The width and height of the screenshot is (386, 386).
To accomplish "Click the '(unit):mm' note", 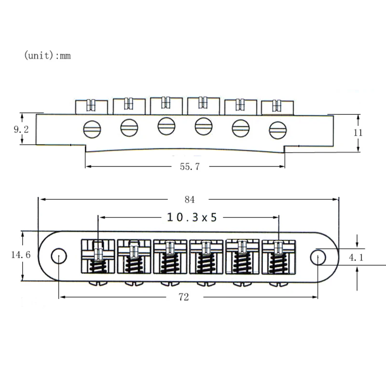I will click(47, 55).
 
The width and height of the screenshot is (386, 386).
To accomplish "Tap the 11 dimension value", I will click(358, 133).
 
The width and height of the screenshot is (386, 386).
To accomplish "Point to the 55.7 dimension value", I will click(186, 167).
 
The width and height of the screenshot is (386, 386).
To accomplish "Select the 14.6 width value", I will click(21, 255).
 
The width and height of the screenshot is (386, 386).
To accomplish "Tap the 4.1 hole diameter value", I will click(356, 258).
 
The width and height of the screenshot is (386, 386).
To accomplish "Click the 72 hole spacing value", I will click(184, 297).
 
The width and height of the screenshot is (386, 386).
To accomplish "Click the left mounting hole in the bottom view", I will click(58, 256).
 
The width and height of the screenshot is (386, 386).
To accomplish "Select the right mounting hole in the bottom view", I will click(318, 257).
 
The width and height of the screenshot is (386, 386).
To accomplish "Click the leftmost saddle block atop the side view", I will click(91, 106).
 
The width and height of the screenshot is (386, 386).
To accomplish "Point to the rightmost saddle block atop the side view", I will click(277, 107).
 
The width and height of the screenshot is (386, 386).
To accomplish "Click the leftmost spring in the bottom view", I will click(99, 265).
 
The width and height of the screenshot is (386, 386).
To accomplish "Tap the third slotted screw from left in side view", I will click(165, 125).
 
